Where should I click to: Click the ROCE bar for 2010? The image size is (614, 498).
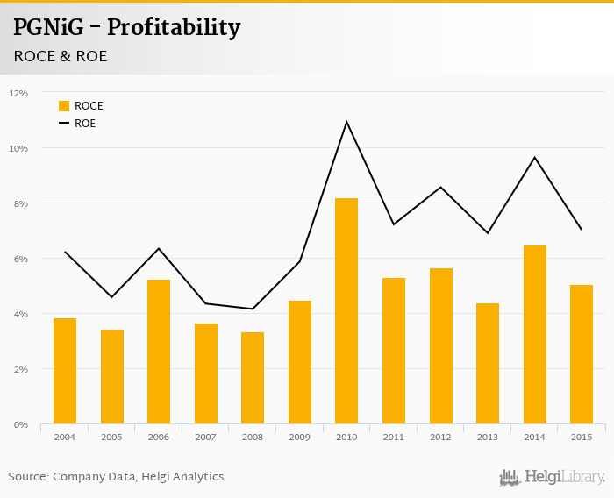[x=346, y=311]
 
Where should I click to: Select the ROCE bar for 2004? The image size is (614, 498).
[x=65, y=371]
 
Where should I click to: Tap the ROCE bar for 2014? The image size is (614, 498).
[x=534, y=335]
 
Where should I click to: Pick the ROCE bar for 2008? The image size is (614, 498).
[x=253, y=378]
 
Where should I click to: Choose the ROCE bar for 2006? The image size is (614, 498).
[x=159, y=352]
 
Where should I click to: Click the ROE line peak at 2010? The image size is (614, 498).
[x=346, y=122]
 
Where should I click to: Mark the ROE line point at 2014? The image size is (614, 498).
[x=534, y=158]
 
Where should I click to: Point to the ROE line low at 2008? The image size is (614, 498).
[x=253, y=309]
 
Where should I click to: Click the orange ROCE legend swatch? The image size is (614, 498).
[x=64, y=106]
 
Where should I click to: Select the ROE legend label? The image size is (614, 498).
[x=85, y=124]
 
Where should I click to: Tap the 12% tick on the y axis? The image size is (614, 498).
[x=18, y=93]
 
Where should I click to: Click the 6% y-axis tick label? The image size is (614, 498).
[x=18, y=259]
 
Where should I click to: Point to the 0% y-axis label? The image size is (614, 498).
[x=18, y=424]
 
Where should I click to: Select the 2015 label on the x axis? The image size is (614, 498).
[x=582, y=437]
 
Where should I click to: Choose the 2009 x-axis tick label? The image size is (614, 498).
[x=299, y=437]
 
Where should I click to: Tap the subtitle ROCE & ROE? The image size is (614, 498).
[x=60, y=56]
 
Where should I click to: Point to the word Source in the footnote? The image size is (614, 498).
[x=28, y=477]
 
